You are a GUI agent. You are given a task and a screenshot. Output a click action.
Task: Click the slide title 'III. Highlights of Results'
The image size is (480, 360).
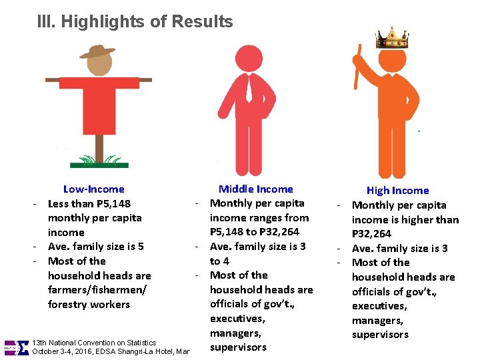pyautogui.click(x=135, y=21)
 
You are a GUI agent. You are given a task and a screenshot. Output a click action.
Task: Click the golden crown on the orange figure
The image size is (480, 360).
pyautogui.click(x=391, y=38)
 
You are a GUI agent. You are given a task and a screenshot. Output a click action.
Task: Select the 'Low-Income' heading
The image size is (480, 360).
pyautogui.click(x=93, y=189)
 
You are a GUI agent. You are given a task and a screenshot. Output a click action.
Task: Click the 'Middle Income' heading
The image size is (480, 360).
pyautogui.click(x=256, y=189)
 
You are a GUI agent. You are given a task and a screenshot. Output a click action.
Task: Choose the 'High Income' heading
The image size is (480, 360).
pyautogui.click(x=398, y=191)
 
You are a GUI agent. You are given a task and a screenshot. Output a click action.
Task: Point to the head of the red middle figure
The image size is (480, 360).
pyautogui.click(x=250, y=57)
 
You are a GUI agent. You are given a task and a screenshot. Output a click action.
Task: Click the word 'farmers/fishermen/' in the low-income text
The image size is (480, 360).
pyautogui.click(x=98, y=290)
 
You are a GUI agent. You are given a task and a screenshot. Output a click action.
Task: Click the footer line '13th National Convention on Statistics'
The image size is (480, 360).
pyautogui.click(x=94, y=343)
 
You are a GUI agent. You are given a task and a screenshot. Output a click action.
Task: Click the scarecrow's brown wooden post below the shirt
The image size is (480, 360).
pyautogui.click(x=99, y=145)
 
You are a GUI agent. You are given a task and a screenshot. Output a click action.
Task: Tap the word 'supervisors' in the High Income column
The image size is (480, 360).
pyautogui.click(x=380, y=335)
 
